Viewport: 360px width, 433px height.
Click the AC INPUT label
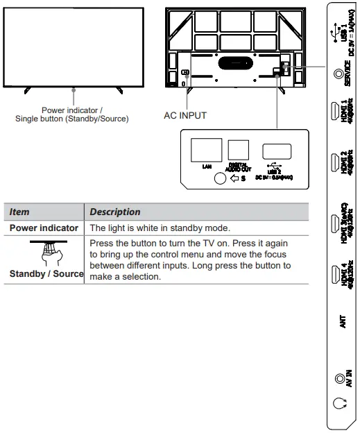click(185, 115)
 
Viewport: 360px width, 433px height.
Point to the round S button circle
click(220, 178)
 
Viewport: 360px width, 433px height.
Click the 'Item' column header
click(20, 212)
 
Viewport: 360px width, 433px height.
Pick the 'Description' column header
click(115, 212)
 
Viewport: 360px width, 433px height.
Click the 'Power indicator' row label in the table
click(44, 228)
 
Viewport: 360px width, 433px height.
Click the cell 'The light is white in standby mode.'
click(161, 228)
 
